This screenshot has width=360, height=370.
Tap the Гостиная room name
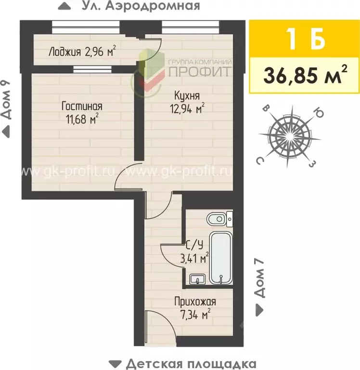coord(82,106)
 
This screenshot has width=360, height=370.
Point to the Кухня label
coord(188,95)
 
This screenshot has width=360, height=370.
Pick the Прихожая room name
coord(195,302)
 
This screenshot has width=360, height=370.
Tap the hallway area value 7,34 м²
coord(195,315)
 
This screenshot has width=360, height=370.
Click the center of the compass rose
coord(288,135)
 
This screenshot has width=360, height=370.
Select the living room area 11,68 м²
coord(82,118)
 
